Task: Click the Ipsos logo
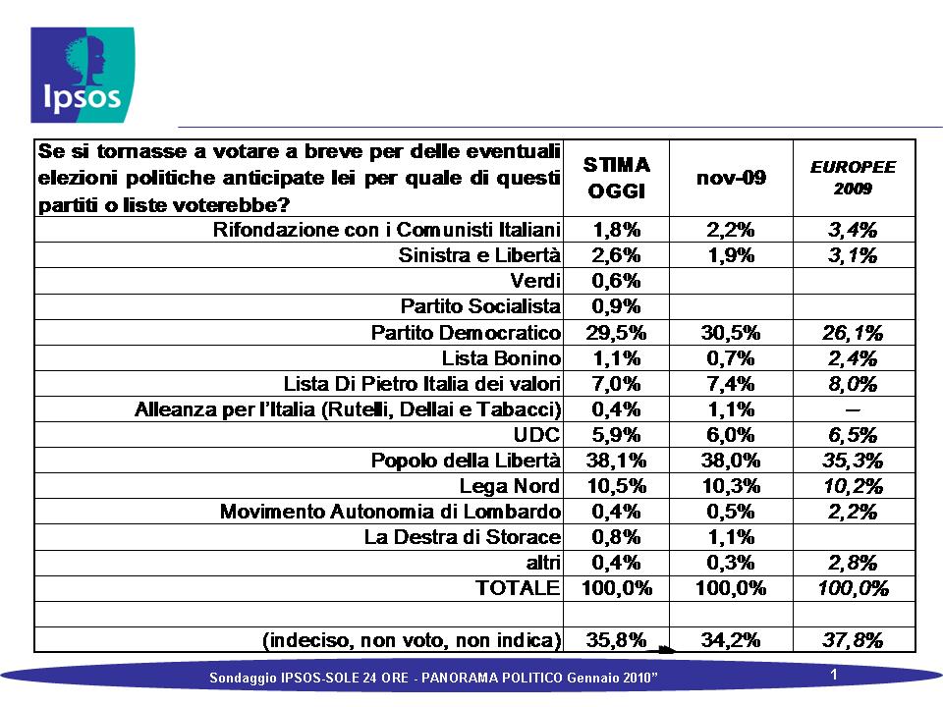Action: coord(83,75)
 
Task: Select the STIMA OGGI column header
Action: coord(617,178)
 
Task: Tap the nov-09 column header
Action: coord(731,178)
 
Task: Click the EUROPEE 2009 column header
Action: coord(853,178)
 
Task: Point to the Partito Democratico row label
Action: coord(466,333)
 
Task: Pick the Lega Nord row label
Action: coord(510,486)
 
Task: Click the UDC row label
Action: coord(536,435)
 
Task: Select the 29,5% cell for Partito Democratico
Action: coord(617,333)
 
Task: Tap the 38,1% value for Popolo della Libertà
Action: coord(617,461)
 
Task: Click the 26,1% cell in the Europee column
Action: coord(853,333)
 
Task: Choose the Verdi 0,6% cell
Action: coord(617,281)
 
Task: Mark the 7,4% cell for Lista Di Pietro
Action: coord(731,384)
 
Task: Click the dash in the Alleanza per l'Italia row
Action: coord(853,410)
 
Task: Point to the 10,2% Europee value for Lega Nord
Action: coord(853,486)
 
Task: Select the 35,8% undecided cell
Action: coord(617,639)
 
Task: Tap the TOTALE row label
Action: coord(518,588)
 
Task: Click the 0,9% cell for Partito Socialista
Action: coord(617,306)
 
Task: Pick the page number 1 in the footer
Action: coord(834,675)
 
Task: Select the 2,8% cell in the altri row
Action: coord(853,563)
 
